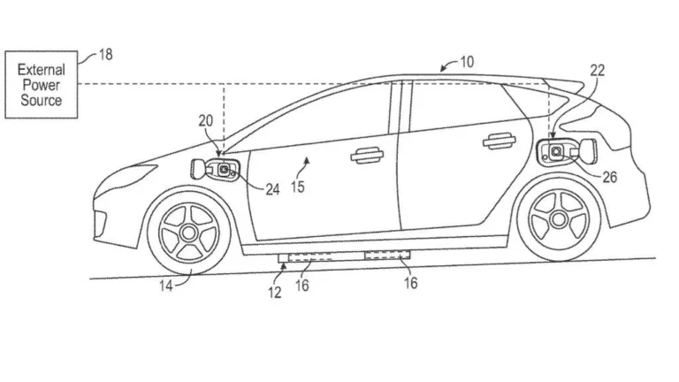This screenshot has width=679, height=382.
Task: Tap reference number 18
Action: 103,56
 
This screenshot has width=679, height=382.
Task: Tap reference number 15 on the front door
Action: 299,187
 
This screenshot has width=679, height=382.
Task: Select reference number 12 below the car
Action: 275,292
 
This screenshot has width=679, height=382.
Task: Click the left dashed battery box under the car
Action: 311,259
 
